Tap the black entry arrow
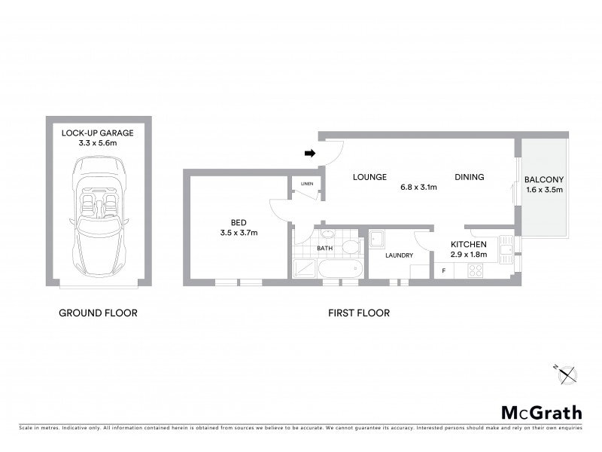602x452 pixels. (309, 153)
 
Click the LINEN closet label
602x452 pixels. (306, 184)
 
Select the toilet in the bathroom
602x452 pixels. (350, 248)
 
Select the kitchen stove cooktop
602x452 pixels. (475, 270)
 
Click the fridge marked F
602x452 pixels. (444, 270)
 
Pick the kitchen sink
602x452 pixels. (507, 246)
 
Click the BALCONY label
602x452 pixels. (544, 179)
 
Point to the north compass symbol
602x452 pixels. (567, 374)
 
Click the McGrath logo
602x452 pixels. (541, 412)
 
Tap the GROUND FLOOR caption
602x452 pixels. (98, 313)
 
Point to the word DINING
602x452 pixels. (469, 178)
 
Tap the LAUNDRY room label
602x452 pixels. (399, 255)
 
